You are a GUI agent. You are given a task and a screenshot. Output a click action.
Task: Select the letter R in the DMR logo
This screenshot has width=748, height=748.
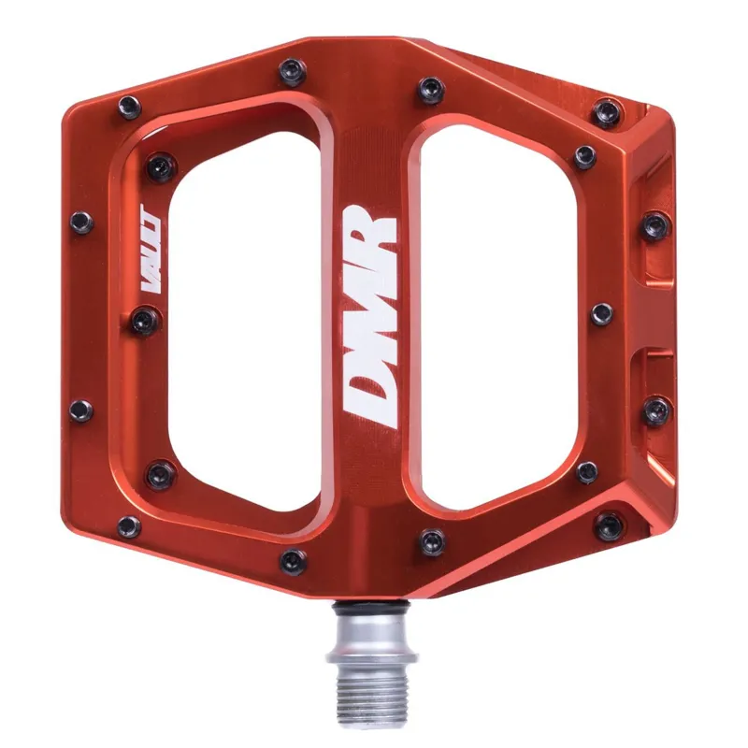371,230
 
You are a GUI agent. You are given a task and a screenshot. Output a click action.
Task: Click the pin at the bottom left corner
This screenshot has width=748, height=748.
129,526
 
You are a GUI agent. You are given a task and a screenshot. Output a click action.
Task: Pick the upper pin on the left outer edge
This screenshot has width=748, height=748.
82,222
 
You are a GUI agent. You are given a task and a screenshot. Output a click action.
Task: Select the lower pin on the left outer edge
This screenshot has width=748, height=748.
81,410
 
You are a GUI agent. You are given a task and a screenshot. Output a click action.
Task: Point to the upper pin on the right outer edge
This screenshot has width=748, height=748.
655,225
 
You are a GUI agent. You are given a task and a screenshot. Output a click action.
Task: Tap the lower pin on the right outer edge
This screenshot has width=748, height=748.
656,410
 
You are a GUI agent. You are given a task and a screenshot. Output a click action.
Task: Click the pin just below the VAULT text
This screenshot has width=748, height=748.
145,321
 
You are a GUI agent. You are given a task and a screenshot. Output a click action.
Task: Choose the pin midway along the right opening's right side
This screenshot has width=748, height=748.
602,313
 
